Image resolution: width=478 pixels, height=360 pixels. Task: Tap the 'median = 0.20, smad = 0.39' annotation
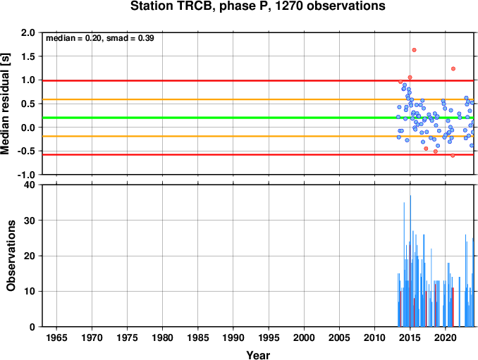pyautogui.click(x=100, y=38)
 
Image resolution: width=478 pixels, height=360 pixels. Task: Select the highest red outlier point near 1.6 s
pyautogui.click(x=414, y=50)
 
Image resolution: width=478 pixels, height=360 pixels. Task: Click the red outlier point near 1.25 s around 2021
pyautogui.click(x=453, y=69)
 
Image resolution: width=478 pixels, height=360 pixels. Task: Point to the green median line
pyautogui.click(x=258, y=118)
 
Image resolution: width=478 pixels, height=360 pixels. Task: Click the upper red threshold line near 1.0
pyautogui.click(x=258, y=81)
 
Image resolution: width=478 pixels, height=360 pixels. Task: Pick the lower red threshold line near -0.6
pyautogui.click(x=258, y=155)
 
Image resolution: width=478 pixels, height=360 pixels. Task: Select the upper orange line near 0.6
pyautogui.click(x=258, y=99)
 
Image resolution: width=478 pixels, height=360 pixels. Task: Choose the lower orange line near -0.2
pyautogui.click(x=258, y=136)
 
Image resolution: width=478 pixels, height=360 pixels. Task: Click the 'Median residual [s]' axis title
pyautogui.click(x=5, y=104)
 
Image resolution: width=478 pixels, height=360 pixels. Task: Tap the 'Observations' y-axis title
pyautogui.click(x=11, y=256)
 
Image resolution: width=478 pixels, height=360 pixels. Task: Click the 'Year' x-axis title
pyautogui.click(x=258, y=355)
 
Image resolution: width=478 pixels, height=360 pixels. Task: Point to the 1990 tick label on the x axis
pyautogui.click(x=233, y=337)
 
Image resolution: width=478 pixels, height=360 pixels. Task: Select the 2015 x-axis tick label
pyautogui.click(x=410, y=337)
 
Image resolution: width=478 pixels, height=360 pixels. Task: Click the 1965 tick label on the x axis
pyautogui.click(x=56, y=337)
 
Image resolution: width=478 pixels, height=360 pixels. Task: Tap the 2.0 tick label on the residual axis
pyautogui.click(x=28, y=32)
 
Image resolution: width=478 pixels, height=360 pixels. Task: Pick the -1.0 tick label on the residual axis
pyautogui.click(x=26, y=175)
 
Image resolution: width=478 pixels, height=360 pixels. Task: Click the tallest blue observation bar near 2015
pyautogui.click(x=410, y=261)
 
